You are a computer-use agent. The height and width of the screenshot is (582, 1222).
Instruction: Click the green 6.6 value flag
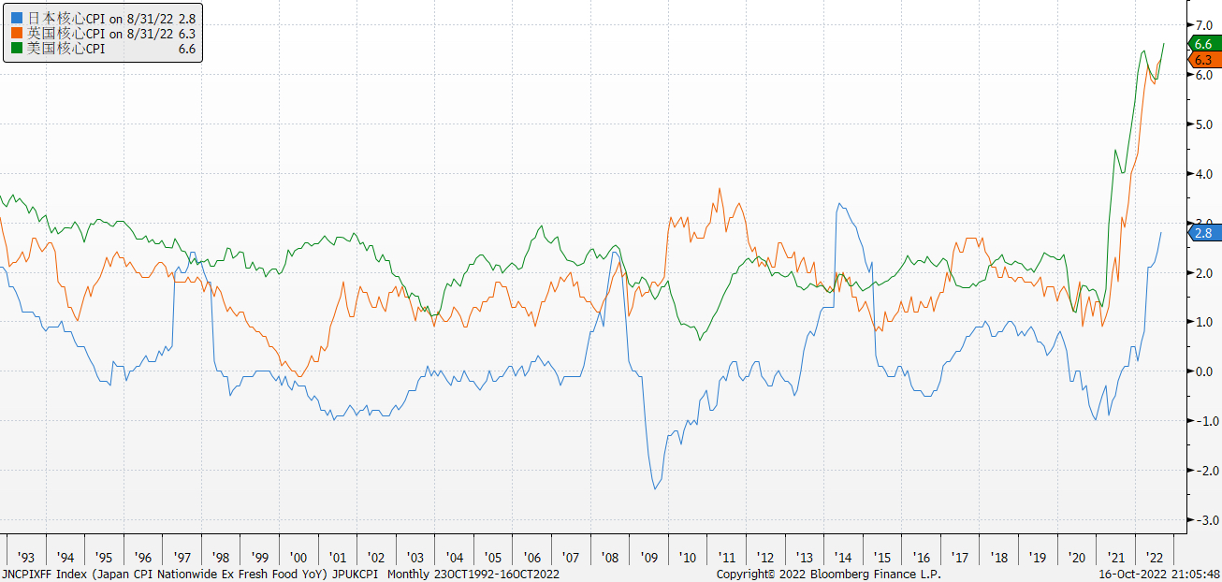click(1202, 44)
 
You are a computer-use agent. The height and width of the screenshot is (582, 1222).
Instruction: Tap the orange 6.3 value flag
click(1202, 60)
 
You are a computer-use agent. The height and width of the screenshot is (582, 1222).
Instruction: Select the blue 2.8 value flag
click(1202, 233)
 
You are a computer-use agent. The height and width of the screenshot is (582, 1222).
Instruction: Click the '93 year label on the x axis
click(26, 557)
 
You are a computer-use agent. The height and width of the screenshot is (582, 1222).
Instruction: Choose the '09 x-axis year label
click(649, 557)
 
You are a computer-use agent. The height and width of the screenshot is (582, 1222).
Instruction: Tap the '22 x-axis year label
click(1155, 557)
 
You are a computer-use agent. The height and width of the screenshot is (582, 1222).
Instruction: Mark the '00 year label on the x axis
click(298, 557)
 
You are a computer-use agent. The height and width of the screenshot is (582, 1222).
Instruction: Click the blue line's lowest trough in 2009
click(655, 488)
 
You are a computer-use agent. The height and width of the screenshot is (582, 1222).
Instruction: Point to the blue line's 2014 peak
click(838, 204)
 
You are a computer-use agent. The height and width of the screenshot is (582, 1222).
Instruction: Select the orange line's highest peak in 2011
click(720, 189)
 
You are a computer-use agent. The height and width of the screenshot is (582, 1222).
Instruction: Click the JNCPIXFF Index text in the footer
click(41, 574)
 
